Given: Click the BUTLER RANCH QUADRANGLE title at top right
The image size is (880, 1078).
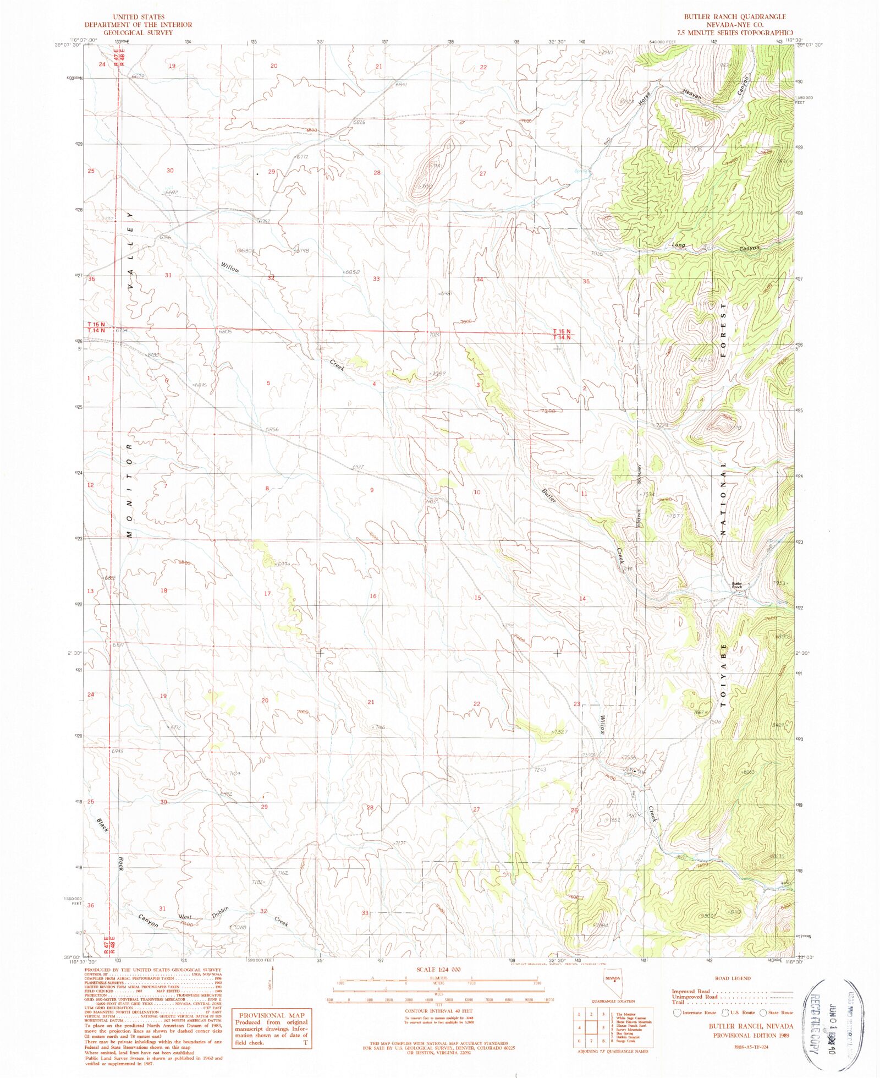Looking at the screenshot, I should [734, 17].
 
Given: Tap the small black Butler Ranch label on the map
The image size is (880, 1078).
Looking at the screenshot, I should [736, 585].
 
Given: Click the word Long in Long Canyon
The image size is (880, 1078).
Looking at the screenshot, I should [678, 244].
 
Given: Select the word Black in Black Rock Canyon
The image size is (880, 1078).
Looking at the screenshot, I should [103, 825].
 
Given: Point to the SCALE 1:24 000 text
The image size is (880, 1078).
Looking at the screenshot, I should [439, 969].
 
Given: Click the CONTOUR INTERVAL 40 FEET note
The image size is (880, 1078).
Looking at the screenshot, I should [438, 1011].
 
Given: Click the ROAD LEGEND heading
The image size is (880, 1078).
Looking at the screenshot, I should [732, 978].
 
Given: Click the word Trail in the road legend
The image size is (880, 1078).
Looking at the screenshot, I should [678, 1002].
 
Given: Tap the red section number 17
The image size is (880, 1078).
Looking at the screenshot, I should [267, 593].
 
